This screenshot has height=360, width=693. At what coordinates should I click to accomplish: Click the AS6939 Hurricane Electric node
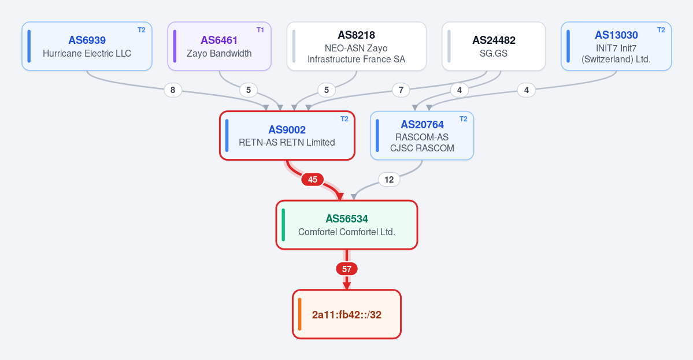pos(87,46)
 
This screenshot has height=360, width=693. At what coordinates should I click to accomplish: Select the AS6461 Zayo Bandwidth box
pos(219,46)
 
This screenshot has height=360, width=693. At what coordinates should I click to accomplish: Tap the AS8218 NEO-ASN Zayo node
pos(356,46)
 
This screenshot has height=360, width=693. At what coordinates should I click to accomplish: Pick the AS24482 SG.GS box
pos(494,46)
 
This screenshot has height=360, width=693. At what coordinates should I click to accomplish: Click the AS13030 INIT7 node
pos(616,46)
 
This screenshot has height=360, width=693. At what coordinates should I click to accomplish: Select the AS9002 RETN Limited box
pos(287,136)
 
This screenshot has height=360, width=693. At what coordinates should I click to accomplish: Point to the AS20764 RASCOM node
pos(422,136)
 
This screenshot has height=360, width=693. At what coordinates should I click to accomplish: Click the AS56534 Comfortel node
pos(347,225)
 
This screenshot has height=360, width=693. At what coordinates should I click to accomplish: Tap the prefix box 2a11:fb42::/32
pos(347,314)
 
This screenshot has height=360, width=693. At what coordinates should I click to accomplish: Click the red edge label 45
pos(313,180)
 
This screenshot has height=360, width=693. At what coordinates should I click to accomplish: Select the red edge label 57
pos(347,269)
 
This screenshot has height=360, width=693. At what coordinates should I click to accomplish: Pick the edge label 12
pos(389,180)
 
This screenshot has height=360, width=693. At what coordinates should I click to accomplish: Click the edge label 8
pos(173,90)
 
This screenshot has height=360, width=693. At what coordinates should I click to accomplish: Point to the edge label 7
pos(401,90)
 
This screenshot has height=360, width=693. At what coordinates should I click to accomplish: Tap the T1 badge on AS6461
pos(260,30)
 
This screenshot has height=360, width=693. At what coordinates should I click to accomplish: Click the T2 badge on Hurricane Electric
pos(142,30)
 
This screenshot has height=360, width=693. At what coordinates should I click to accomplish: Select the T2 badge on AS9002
pos(344,119)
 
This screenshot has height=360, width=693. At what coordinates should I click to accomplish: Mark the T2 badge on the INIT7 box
pos(661,30)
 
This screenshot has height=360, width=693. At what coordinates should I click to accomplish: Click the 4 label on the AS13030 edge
pos(527,90)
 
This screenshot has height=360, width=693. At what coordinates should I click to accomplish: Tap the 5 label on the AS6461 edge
pos(249,90)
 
